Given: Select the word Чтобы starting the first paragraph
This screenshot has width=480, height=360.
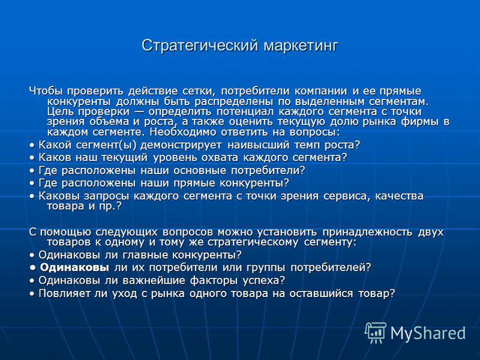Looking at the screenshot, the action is tap(46, 91).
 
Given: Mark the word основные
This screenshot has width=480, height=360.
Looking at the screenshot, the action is tap(200, 170).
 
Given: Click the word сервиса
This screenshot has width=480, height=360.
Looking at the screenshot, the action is tap(347, 196).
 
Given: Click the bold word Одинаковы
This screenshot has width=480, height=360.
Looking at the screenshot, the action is tap(74, 268).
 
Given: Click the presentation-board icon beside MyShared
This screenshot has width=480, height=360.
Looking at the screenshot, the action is tap(376, 332).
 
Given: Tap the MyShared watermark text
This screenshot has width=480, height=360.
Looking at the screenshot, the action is tap(428, 333).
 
